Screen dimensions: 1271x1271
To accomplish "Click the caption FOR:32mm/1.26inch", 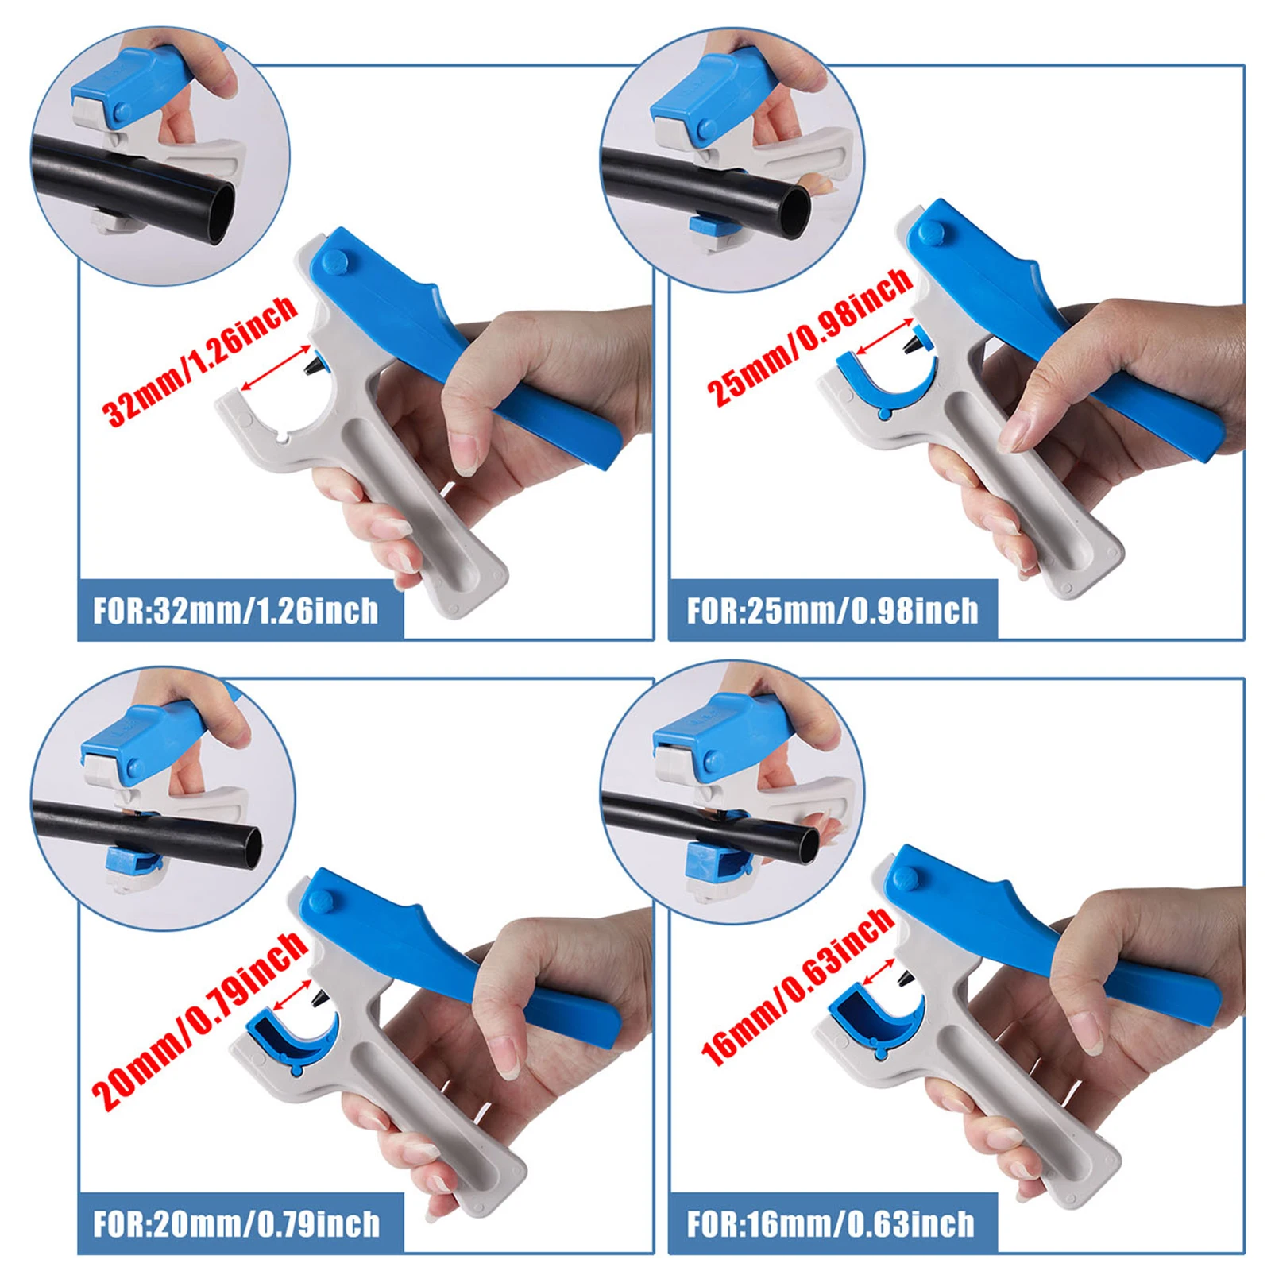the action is [x=236, y=611].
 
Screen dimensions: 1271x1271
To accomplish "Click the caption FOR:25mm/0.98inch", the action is [x=833, y=611].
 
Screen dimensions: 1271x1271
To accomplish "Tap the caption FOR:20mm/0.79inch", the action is [x=236, y=1224].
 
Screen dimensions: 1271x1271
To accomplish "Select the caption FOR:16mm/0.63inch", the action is [x=831, y=1224].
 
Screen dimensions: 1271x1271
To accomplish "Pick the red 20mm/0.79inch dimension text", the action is [x=199, y=1021].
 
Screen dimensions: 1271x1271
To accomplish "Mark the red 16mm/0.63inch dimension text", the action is [x=798, y=985].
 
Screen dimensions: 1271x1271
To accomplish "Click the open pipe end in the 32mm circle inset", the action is [x=220, y=214].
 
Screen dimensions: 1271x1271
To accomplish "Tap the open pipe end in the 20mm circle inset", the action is [x=249, y=848].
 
